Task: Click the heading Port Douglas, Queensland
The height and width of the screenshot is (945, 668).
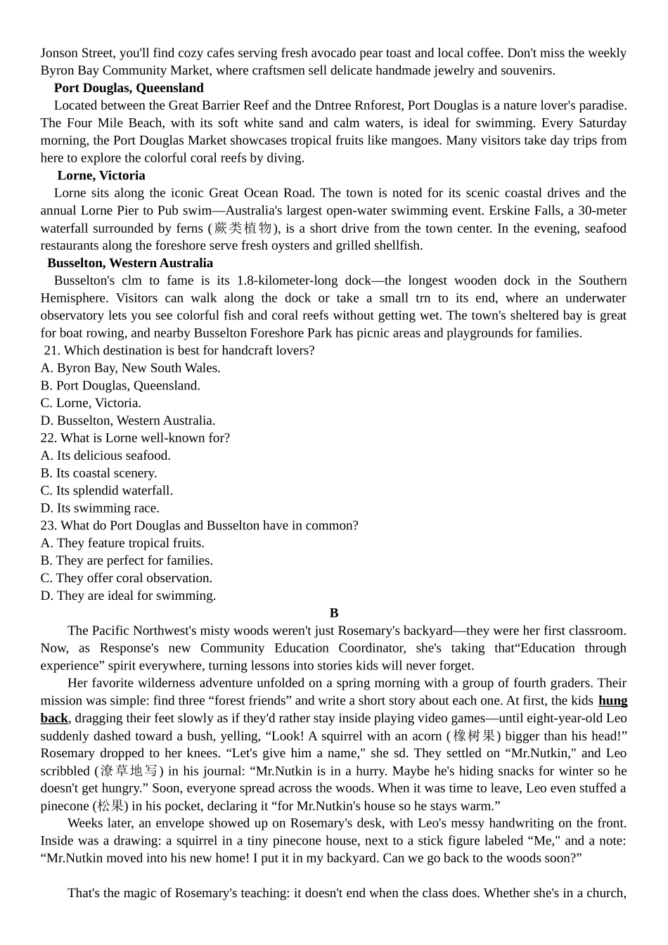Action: tap(129, 88)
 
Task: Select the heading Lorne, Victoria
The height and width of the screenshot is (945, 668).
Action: tap(101, 176)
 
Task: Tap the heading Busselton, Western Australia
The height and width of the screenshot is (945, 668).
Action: tap(130, 263)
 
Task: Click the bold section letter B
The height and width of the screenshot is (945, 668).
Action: tap(334, 613)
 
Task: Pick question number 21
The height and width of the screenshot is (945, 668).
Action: tap(51, 350)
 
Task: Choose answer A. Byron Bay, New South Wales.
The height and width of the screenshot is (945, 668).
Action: tap(131, 368)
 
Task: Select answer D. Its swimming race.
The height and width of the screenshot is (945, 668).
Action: tap(100, 508)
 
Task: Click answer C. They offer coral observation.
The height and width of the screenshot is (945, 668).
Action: tap(127, 578)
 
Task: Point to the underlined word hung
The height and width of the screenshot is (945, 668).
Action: tap(612, 700)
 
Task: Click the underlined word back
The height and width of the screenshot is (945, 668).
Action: tap(54, 718)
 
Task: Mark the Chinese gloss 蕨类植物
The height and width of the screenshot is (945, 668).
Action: tap(243, 228)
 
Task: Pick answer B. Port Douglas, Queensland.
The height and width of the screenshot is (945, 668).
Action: tap(120, 385)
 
